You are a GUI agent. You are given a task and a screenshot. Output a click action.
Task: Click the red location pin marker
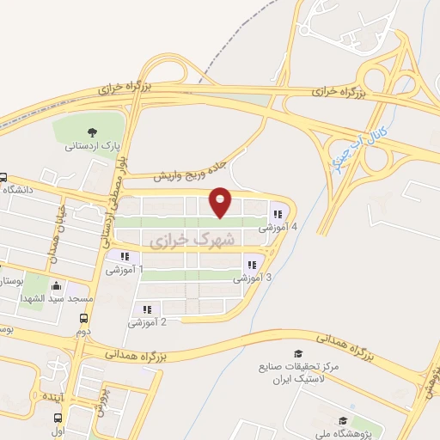(x=221, y=201)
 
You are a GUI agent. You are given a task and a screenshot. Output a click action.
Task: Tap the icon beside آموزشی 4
(x=277, y=214)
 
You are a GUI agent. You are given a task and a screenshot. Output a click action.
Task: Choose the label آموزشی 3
(x=253, y=278)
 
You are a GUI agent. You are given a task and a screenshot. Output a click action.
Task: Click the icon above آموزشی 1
(x=125, y=255)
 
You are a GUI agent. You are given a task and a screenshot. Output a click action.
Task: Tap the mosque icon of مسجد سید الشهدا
(x=57, y=286)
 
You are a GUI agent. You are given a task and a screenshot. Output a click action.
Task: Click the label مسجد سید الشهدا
(x=56, y=298)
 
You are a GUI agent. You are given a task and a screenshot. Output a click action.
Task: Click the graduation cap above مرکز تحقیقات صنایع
(x=298, y=353)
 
